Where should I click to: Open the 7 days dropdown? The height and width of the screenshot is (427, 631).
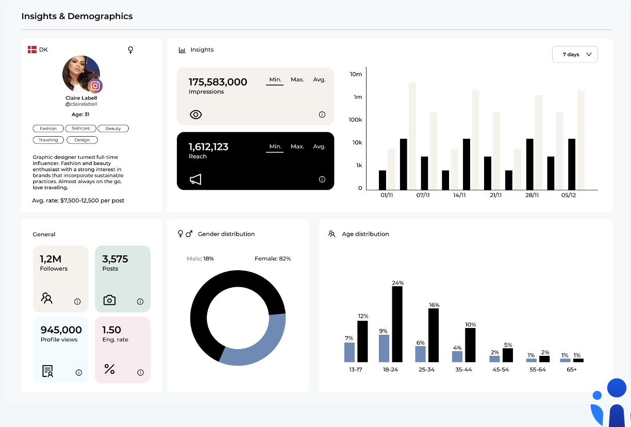click(x=575, y=54)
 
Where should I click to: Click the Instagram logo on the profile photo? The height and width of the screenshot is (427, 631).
click(x=95, y=86)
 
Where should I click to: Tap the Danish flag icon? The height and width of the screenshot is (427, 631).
click(x=32, y=50)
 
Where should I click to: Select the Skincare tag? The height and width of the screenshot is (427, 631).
click(x=81, y=128)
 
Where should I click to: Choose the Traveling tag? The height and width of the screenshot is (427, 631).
click(x=48, y=140)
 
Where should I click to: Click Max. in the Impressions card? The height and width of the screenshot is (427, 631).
click(x=297, y=79)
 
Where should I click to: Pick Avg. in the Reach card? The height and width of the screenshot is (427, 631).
click(x=319, y=146)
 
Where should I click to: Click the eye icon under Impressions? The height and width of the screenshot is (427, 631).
click(x=196, y=114)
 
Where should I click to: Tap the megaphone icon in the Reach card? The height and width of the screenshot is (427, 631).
click(x=195, y=179)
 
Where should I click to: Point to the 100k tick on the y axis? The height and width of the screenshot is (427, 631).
click(x=356, y=120)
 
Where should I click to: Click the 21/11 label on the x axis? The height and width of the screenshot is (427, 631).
click(x=495, y=195)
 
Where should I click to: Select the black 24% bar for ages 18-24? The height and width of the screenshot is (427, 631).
click(x=397, y=324)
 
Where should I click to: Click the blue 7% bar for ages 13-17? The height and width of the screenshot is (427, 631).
click(x=350, y=352)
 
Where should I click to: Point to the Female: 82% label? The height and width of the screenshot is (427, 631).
click(x=273, y=258)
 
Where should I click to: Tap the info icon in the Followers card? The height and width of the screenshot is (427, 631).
click(x=77, y=302)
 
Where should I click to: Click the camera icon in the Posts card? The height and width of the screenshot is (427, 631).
click(x=109, y=300)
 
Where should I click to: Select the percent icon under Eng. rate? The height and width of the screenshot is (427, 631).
click(x=109, y=369)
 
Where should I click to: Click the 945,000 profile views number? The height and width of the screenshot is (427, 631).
click(x=61, y=330)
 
